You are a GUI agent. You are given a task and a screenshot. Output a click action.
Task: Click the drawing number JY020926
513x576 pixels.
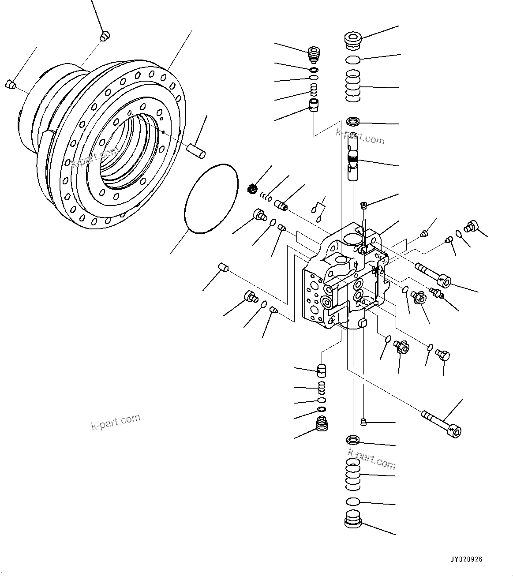(466, 559)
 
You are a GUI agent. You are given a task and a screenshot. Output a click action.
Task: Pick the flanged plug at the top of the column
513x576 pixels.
(352, 39)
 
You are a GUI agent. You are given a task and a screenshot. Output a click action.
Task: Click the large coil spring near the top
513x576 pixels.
(352, 86)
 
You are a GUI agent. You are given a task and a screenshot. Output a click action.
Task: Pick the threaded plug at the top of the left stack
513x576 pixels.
(313, 54)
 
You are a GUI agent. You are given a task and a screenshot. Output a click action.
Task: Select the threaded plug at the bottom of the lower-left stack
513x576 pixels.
(323, 426)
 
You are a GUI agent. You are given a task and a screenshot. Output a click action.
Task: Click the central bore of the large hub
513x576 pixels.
(126, 150)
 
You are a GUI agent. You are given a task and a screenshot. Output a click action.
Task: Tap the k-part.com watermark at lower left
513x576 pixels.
(116, 422)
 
